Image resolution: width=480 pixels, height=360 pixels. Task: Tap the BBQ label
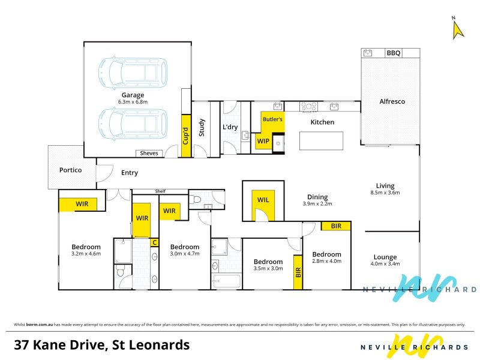(394, 53)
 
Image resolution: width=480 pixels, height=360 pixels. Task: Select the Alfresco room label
(392, 101)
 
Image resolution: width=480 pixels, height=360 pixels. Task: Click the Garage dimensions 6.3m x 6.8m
(133, 102)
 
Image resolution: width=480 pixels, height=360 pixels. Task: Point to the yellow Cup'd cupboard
(186, 136)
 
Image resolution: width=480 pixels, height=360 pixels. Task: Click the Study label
(202, 127)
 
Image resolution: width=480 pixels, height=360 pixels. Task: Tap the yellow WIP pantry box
(263, 141)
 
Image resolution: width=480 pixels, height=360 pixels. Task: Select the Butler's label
(272, 119)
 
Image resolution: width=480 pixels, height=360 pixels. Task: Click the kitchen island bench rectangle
(321, 141)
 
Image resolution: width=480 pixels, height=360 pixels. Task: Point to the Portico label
(70, 170)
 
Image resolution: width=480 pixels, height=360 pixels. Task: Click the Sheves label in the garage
(149, 153)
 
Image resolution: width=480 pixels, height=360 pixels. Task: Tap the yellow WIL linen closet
(263, 205)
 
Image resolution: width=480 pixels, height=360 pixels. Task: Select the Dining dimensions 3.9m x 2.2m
(317, 203)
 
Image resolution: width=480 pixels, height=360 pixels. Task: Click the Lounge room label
(385, 257)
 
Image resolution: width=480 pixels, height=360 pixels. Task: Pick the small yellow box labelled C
(155, 242)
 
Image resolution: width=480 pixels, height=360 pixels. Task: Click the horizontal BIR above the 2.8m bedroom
(336, 226)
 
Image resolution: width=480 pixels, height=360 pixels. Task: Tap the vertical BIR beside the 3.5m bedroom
(298, 272)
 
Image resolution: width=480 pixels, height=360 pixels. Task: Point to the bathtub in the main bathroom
(227, 281)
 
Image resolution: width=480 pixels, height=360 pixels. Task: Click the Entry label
(130, 173)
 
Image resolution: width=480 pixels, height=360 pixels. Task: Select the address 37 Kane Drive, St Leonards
(101, 345)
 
